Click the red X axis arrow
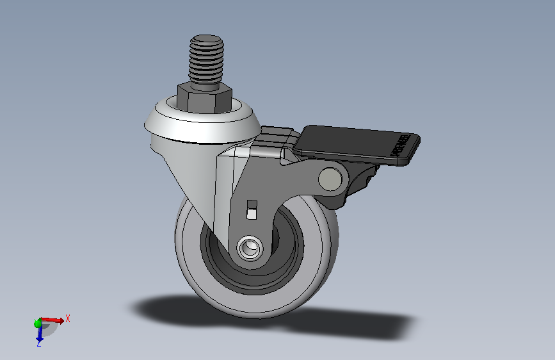[54, 319]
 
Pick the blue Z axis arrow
[38, 334]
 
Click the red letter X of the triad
[68, 318]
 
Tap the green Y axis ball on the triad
[38, 323]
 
